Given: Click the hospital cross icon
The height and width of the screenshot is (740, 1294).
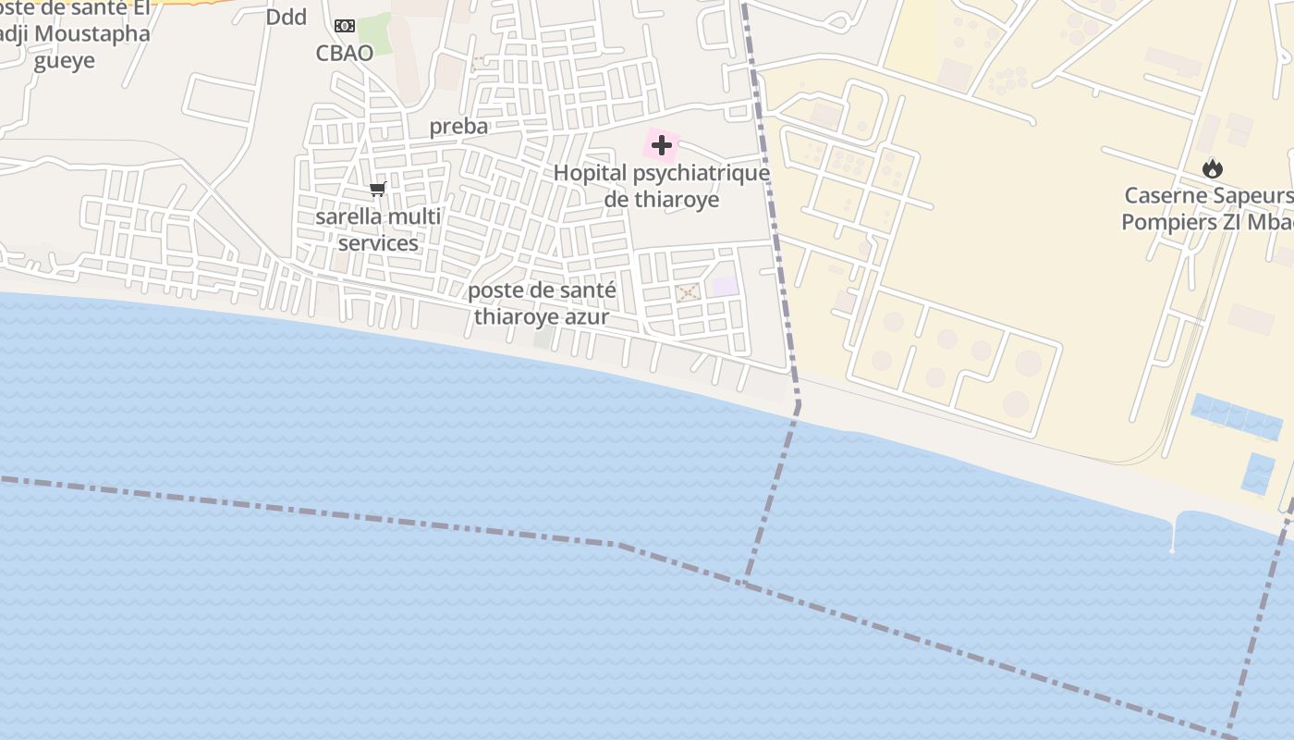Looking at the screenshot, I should click(x=662, y=145).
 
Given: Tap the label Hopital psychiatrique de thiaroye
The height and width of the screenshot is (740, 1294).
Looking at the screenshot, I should click(x=662, y=186).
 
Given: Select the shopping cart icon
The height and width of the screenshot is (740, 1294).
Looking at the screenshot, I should click(x=377, y=190).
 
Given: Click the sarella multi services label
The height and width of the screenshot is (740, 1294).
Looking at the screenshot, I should click(x=378, y=229).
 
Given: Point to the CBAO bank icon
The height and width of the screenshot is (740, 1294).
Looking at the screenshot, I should click(x=345, y=26).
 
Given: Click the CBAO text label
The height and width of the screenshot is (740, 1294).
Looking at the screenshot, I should click(x=345, y=53).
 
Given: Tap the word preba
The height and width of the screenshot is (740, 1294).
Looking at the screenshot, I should click(x=458, y=127).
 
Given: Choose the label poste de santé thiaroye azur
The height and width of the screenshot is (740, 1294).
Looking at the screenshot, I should click(x=542, y=303).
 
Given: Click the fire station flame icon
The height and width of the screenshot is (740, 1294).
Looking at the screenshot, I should click(x=1213, y=168).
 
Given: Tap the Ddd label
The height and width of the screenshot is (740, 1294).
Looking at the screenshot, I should click(x=287, y=17).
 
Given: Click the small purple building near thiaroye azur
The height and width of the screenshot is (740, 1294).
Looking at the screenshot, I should click(x=726, y=286).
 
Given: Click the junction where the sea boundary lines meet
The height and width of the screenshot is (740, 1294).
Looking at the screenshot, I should click(x=745, y=581).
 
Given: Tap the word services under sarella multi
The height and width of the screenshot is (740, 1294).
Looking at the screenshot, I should click(x=378, y=243).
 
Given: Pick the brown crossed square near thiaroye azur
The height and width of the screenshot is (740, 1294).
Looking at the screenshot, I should click(x=687, y=292).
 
